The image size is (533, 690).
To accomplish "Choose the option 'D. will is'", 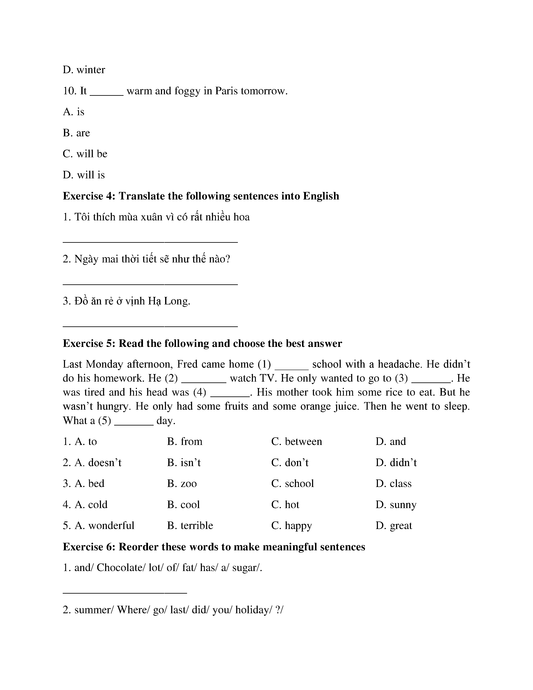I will [x=84, y=175].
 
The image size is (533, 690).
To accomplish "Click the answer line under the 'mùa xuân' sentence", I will [x=150, y=242].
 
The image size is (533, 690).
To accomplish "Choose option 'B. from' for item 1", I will [x=185, y=441].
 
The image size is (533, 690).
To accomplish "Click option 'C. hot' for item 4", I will [x=285, y=505].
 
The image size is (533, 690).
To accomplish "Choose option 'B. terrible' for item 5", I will [x=190, y=525].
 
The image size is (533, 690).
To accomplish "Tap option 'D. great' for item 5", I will [x=394, y=525].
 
